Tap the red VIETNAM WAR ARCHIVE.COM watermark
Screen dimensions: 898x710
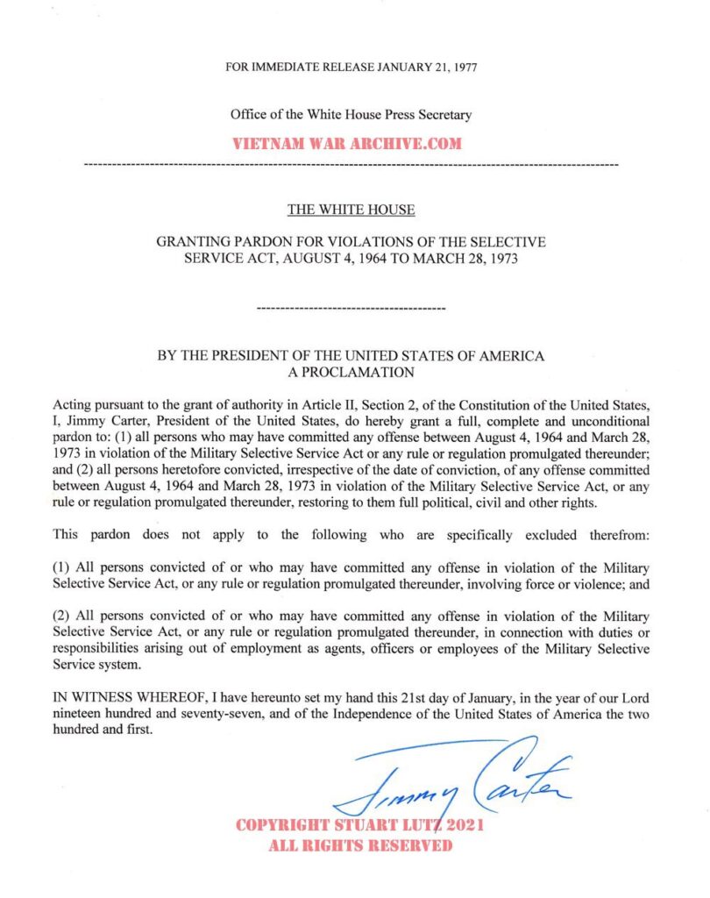346,144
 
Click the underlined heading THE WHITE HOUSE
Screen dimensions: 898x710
351,210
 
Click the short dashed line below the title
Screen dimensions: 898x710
351,309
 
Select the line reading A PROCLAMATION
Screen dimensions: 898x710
351,372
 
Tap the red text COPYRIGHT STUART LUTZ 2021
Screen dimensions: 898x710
360,826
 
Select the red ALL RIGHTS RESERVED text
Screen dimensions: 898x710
360,846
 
